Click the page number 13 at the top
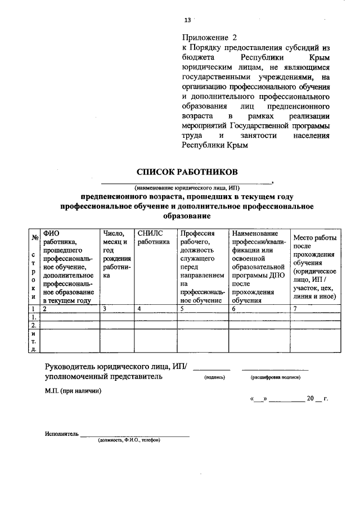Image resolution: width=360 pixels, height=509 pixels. point(187,20)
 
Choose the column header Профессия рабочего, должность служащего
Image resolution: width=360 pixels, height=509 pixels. point(202,267)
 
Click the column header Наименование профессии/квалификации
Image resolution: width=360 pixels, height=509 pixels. point(259,267)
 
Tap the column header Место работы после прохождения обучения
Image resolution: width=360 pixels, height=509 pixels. point(315,267)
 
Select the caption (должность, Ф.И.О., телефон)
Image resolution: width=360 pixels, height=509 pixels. point(129,440)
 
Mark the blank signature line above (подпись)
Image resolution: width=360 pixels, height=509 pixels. point(211,368)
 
